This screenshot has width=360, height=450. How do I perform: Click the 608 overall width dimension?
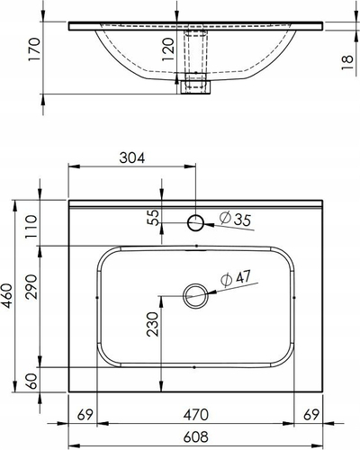[x=195, y=436]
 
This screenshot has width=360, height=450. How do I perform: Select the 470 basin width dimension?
[x=195, y=415]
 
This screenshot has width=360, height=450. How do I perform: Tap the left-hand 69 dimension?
[x=85, y=415]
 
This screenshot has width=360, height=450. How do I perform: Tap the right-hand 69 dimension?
[x=311, y=415]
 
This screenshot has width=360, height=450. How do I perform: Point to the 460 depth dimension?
[x=7, y=296]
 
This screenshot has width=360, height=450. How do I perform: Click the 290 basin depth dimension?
[x=31, y=287]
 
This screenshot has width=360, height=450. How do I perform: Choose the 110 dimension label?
[x=31, y=227]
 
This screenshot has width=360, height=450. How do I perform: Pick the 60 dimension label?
[x=31, y=381]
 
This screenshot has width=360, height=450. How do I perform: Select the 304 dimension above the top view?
[x=132, y=157]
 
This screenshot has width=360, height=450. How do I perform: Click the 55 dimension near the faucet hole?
[x=153, y=218]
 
